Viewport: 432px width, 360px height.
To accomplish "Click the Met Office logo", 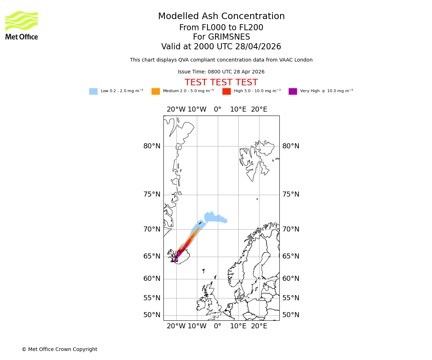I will point(22,25).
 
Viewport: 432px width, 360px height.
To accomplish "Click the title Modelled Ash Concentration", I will point(221,17).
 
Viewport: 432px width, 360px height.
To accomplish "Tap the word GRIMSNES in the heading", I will point(221,37).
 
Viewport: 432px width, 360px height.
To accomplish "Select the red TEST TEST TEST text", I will point(221,83).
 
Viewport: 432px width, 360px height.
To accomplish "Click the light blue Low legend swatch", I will point(93,91).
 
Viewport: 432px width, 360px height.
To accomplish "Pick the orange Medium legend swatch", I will point(156,91).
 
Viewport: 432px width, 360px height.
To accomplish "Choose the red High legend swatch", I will point(226,91).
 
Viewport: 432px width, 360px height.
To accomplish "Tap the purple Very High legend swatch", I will point(293,91).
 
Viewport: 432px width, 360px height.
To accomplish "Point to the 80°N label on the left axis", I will point(152,146).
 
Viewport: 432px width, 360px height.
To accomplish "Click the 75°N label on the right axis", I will point(291,194).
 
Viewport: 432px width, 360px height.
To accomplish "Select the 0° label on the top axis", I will point(217,109).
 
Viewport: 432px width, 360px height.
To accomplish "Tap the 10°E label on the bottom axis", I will point(238,326).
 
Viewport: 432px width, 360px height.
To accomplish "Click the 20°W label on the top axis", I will point(176,109).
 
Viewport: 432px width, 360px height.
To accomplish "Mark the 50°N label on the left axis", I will point(152,315).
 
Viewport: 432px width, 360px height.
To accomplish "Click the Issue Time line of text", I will point(221,72).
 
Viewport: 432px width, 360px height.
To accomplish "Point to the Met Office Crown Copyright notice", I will point(59,349).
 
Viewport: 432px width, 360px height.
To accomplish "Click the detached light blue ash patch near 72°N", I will point(215,218).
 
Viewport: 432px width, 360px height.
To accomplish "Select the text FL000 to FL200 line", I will point(221,28).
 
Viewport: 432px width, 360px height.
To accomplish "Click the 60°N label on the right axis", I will point(291,279).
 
